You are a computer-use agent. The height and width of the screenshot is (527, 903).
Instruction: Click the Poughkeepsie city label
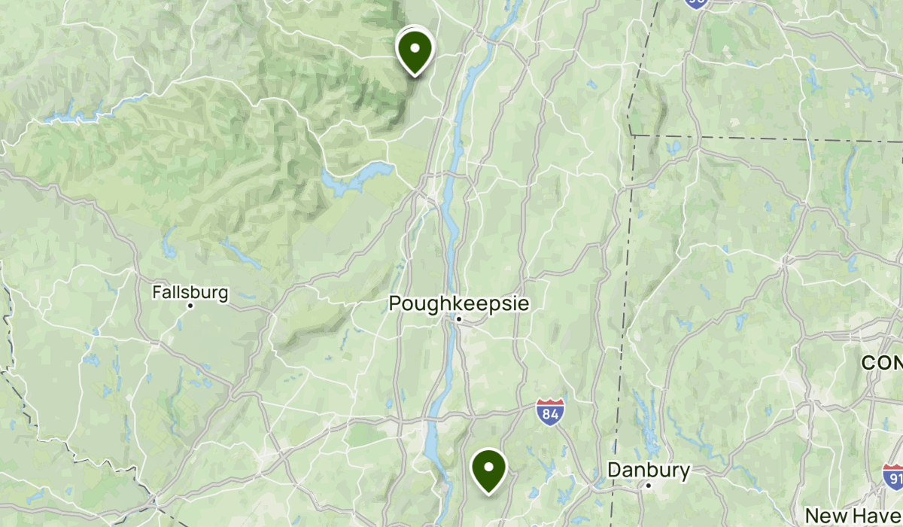[458, 303]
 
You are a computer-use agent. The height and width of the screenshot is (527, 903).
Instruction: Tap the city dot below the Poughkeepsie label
[458, 321]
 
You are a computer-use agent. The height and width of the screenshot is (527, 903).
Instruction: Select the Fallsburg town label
[190, 292]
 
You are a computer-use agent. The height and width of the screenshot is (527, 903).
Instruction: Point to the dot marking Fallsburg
[191, 306]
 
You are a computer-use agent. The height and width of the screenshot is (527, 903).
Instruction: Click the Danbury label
[649, 471]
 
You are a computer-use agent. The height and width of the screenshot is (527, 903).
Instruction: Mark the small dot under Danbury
[648, 486]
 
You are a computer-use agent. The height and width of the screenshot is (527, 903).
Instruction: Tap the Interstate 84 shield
[551, 412]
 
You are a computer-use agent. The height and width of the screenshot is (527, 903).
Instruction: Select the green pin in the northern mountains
[415, 50]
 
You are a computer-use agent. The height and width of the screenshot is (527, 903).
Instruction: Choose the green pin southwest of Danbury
[488, 470]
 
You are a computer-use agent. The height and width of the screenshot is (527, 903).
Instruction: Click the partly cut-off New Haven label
[854, 516]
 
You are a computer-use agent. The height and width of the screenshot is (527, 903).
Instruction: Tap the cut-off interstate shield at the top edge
[696, 4]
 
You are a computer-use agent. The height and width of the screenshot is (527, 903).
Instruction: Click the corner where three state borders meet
[631, 135]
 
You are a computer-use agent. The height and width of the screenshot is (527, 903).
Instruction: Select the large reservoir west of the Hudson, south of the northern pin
[354, 178]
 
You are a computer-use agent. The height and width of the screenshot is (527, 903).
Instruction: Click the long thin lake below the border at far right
[849, 177]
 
